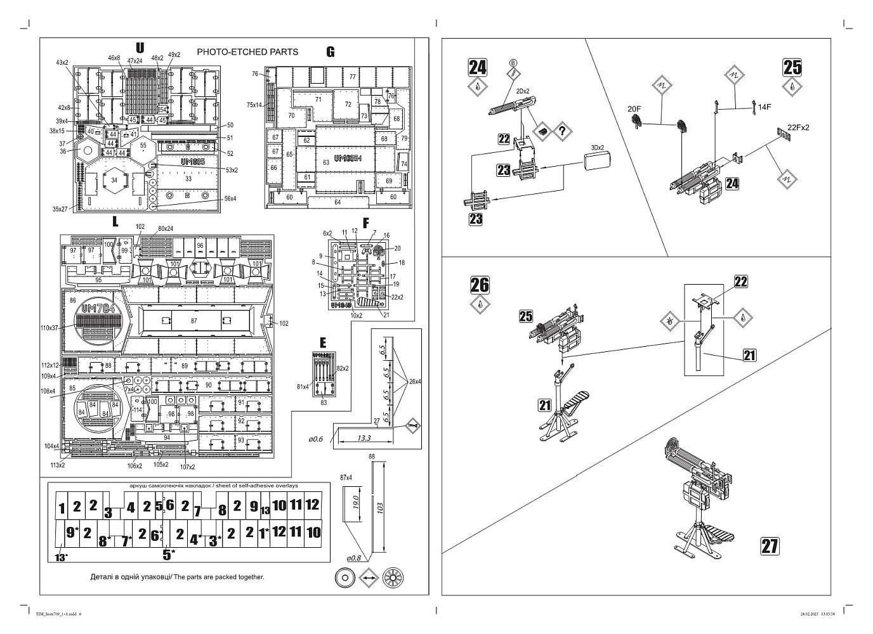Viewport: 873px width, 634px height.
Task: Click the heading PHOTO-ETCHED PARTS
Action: (x=247, y=52)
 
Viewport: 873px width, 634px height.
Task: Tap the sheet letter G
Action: (x=330, y=52)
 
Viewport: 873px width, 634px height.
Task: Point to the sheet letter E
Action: (x=323, y=343)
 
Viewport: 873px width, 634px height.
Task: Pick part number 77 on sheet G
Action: (x=352, y=77)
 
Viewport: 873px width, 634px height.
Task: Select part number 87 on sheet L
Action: (x=194, y=321)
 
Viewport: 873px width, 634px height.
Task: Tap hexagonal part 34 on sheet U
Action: (x=114, y=181)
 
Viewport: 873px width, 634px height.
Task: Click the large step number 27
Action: (x=770, y=546)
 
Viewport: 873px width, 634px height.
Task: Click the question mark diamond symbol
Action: (x=562, y=131)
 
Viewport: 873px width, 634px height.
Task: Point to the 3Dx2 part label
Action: (x=598, y=148)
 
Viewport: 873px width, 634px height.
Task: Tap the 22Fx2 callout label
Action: (x=798, y=127)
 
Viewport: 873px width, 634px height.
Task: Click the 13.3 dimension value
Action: (x=364, y=437)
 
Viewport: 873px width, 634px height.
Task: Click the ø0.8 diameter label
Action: (x=353, y=558)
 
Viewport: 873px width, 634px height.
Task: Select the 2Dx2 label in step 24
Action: (x=523, y=91)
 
